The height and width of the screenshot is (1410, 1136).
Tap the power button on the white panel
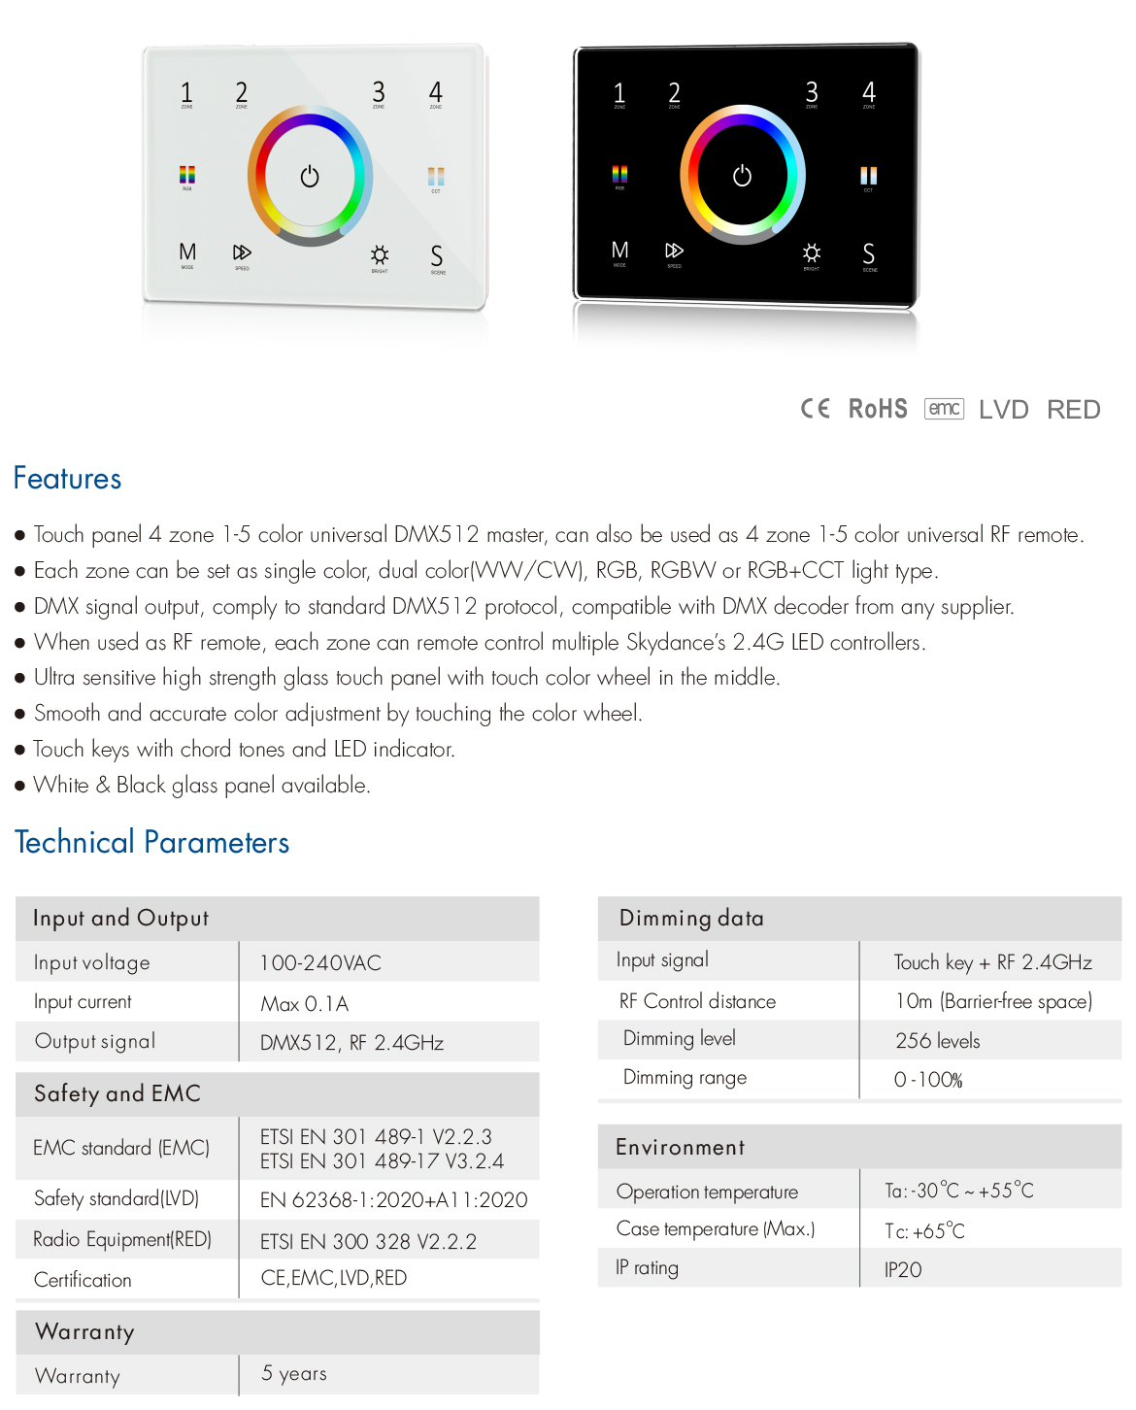pos(310,177)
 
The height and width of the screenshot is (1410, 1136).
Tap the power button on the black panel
pos(742,176)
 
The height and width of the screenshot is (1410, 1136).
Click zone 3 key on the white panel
pos(379,93)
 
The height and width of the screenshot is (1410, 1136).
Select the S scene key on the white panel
pos(437,256)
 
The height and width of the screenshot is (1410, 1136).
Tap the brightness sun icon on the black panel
pos(812,253)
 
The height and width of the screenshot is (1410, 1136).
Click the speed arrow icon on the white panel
pos(242,253)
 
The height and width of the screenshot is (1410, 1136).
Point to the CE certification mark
pos(815,409)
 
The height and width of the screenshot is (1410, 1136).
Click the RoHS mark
pos(878,409)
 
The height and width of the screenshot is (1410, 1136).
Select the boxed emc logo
pos(944,409)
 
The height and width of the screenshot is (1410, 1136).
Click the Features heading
pos(68,479)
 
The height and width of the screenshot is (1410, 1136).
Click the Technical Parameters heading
pos(152,842)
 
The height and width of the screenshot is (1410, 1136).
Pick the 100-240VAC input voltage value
pos(320,963)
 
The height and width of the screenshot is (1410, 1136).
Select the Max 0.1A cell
pos(304,1004)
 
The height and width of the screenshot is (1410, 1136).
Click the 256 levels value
pos(937,1041)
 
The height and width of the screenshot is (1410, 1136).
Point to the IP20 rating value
pos(903,1270)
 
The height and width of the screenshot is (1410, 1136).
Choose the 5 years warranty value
pos(294,1374)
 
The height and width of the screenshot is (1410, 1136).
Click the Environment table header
pos(680,1148)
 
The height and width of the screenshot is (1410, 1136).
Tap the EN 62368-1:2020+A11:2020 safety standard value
pos(393,1200)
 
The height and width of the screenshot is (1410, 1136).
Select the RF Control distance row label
pos(697,1001)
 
